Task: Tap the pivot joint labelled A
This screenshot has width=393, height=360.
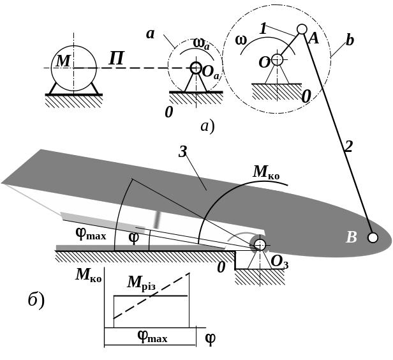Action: [x=302, y=29]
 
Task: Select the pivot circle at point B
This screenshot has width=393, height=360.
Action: [x=373, y=237]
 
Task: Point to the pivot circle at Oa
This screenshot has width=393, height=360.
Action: [x=196, y=68]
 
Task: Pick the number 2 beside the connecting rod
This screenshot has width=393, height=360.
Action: [x=348, y=148]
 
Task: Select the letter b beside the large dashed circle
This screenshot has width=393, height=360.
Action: [x=349, y=41]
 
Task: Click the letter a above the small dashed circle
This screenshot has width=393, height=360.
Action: [x=151, y=33]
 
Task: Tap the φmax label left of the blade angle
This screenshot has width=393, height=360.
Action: [x=91, y=234]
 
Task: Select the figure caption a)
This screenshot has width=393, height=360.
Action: [x=207, y=126]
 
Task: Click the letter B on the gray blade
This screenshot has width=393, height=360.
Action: [x=350, y=238]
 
